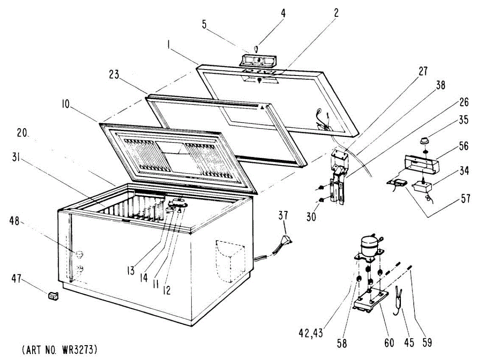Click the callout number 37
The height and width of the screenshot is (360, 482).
point(283,215)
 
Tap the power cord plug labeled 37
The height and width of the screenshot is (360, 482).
point(286,240)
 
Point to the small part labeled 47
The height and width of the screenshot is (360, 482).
point(52,296)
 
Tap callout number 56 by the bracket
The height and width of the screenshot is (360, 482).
point(464,147)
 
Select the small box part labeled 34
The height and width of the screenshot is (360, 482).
point(421,187)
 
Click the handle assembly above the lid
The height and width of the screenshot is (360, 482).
point(258,60)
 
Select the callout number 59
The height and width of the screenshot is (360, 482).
point(427,342)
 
